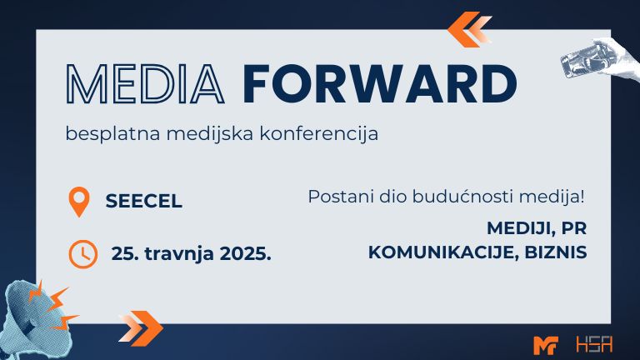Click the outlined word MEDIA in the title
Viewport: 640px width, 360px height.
coord(145,83)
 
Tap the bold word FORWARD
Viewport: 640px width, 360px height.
coord(380,83)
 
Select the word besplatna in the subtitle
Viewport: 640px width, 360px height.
coord(112,134)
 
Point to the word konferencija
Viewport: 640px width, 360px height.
coord(319,134)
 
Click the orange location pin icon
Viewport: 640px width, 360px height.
coord(79,202)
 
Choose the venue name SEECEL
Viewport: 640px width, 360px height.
coord(143,201)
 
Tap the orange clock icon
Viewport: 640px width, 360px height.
coord(82,254)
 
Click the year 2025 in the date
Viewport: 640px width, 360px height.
coord(245,253)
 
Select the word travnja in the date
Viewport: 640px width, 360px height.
coord(179,254)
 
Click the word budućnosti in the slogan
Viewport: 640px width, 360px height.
coord(462,197)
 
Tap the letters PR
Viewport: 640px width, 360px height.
coord(574,228)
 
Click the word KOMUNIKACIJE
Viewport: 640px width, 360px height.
coord(444,252)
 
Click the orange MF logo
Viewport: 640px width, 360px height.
coord(546,345)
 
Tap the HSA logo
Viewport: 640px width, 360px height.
coord(594,344)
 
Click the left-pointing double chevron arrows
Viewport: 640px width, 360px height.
coord(469,29)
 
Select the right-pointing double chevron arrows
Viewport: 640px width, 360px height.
coord(141,328)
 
